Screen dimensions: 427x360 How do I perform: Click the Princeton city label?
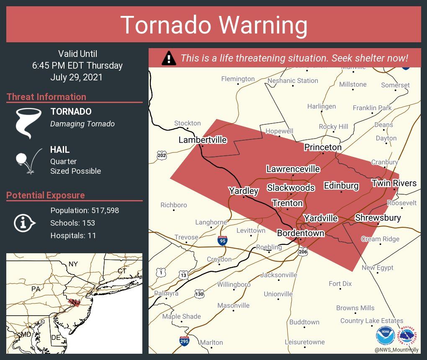click(x=323, y=147)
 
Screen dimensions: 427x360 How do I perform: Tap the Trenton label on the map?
click(x=287, y=203)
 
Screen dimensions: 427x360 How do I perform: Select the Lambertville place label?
click(x=203, y=140)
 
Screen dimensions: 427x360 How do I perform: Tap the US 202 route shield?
click(x=162, y=155)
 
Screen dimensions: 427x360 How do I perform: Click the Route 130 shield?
click(x=200, y=294)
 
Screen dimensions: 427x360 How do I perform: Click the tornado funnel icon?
click(x=28, y=123)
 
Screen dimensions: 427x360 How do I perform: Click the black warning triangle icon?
click(x=169, y=58)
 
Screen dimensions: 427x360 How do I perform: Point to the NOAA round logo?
click(x=385, y=335)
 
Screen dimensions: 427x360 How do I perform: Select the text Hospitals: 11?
click(x=73, y=235)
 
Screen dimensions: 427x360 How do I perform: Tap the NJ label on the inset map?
click(x=75, y=302)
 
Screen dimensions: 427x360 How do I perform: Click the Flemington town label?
click(x=238, y=79)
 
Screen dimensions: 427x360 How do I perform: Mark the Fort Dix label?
click(x=340, y=283)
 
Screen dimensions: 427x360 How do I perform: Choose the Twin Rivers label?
click(x=394, y=183)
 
